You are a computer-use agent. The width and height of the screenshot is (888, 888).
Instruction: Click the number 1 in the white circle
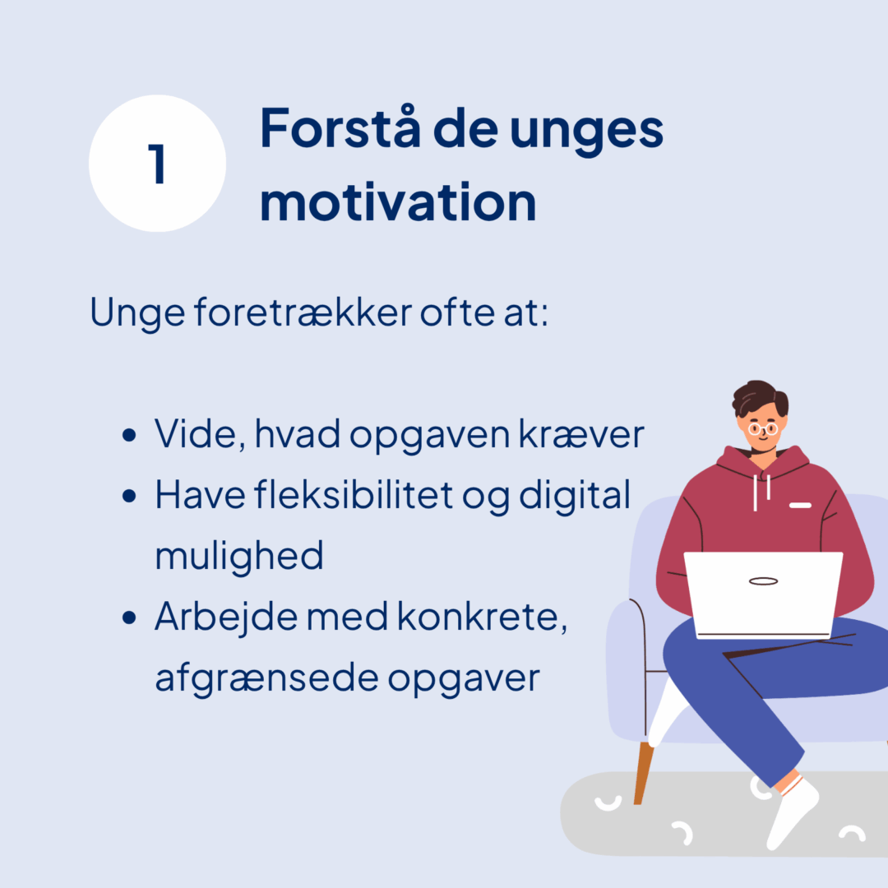tap(157, 164)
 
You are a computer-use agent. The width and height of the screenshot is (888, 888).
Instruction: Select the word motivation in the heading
tap(398, 202)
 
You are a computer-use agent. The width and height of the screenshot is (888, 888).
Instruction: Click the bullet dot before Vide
tap(129, 435)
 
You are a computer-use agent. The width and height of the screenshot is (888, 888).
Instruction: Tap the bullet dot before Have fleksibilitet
tap(129, 496)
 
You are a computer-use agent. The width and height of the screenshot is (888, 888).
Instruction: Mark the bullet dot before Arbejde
tap(129, 617)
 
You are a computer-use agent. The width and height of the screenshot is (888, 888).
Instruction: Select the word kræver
tap(581, 435)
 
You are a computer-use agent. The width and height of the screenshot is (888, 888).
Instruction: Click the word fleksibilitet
tap(354, 494)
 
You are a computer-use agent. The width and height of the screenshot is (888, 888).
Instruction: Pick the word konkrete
tap(482, 616)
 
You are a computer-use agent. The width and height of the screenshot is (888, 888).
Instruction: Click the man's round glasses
tap(763, 428)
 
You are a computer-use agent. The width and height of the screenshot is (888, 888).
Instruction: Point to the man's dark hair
tap(759, 399)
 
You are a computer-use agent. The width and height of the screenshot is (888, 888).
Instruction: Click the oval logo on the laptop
tap(763, 581)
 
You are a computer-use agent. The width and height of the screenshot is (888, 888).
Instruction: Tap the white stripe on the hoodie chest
tap(800, 505)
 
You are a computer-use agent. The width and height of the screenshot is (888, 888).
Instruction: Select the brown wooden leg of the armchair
tap(643, 773)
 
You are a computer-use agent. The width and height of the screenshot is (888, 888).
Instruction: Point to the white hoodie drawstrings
tap(761, 492)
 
